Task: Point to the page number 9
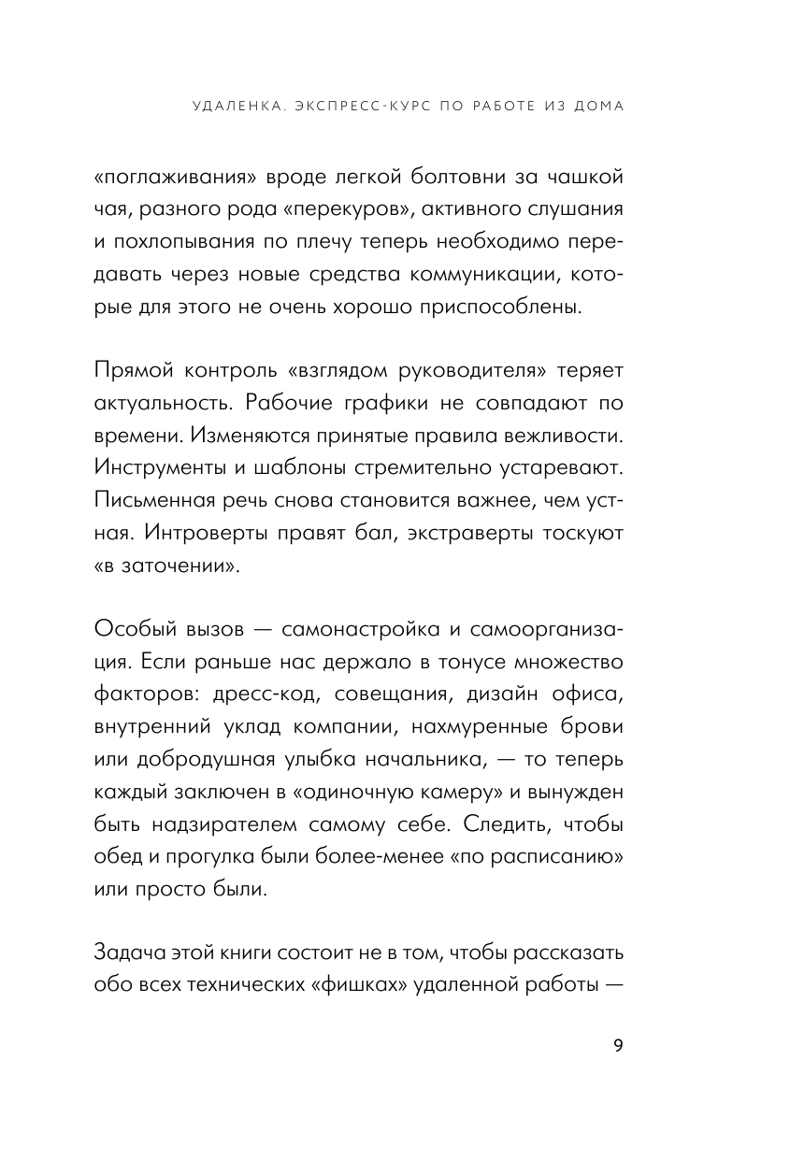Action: [618, 1045]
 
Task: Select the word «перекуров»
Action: [333, 210]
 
